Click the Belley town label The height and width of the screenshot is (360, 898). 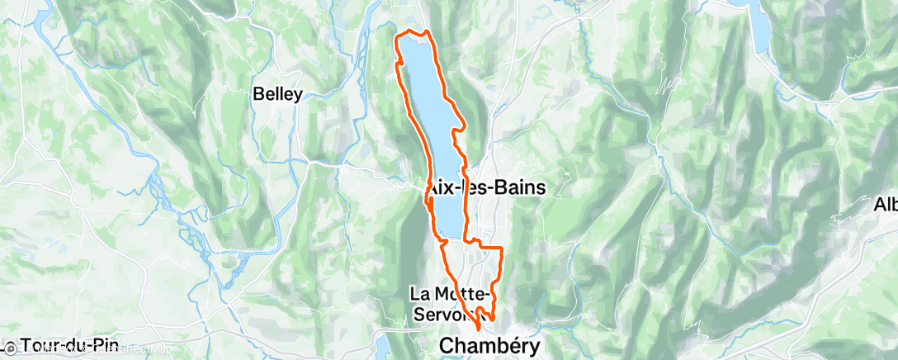(x=278, y=94)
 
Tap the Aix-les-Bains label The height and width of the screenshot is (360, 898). (x=487, y=188)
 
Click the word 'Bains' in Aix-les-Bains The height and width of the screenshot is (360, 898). (x=518, y=188)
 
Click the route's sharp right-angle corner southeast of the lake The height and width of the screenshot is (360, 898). (x=502, y=248)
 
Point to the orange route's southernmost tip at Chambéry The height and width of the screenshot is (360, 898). (x=480, y=334)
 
